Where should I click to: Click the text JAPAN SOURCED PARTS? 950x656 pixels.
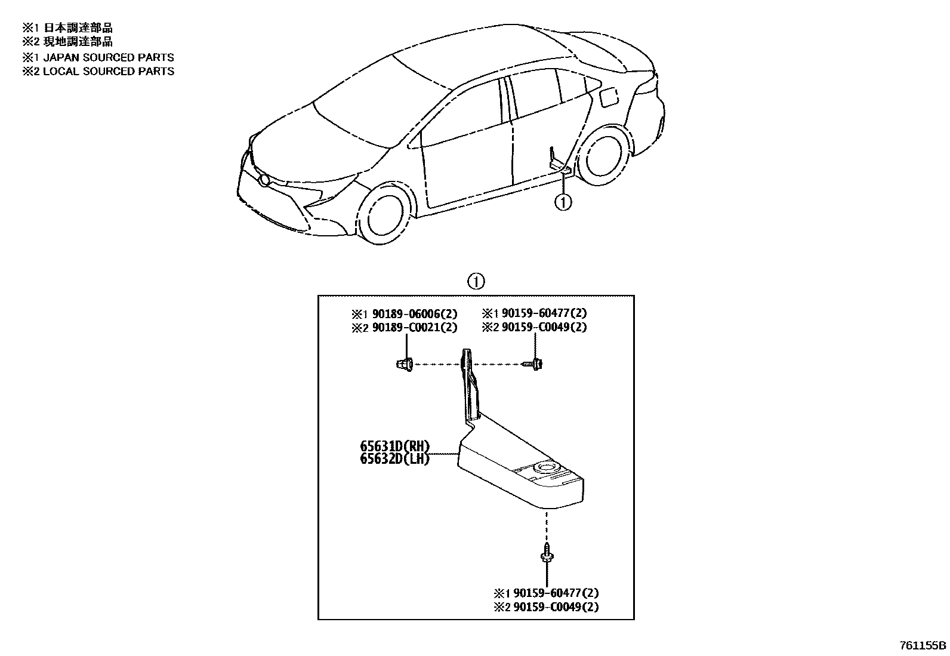pos(108,57)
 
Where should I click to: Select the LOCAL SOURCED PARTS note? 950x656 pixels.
pos(108,71)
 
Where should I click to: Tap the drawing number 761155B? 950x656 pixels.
pos(923,646)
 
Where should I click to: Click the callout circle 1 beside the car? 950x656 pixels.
pos(563,202)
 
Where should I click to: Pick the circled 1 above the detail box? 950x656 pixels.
pos(476,281)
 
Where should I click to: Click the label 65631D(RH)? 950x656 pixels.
pos(394,446)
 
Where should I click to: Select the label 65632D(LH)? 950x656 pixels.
pos(394,459)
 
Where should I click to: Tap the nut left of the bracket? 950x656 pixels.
pos(404,364)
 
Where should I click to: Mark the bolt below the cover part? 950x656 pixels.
pos(546,553)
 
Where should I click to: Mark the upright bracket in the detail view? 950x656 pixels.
pos(470,385)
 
